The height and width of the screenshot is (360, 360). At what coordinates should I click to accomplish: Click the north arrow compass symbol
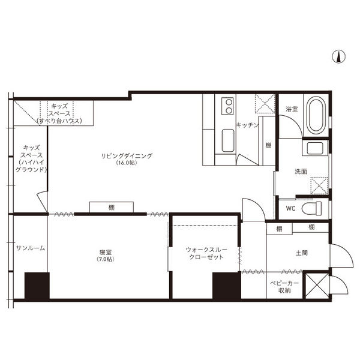[338, 56]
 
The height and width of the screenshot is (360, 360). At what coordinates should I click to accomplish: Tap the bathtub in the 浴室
[316, 115]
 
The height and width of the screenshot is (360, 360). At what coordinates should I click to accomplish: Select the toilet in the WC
[311, 208]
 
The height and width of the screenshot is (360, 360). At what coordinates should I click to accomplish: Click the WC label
[290, 208]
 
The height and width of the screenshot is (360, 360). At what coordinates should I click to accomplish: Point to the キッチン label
[247, 125]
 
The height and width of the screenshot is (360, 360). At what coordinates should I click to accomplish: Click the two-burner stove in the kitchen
[227, 106]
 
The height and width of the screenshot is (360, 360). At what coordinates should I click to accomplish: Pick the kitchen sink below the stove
[228, 140]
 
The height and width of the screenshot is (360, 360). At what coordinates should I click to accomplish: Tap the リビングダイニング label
[127, 155]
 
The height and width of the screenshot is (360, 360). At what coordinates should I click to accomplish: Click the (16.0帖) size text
[127, 163]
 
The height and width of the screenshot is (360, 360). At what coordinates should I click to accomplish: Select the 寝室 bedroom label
[106, 253]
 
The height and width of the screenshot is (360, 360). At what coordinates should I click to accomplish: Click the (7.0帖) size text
[106, 259]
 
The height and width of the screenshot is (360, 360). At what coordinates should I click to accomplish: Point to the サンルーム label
[31, 248]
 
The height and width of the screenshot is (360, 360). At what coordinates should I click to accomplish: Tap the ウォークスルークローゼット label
[206, 253]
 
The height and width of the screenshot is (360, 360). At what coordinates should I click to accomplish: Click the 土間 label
[302, 253]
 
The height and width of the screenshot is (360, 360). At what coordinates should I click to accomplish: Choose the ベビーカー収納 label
[284, 287]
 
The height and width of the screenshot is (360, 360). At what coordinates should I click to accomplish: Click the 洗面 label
[301, 171]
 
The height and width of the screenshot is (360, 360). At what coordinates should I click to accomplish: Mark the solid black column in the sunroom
[37, 286]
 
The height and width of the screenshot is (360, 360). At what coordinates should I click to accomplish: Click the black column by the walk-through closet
[227, 286]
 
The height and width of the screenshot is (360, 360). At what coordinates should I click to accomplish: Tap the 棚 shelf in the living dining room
[112, 207]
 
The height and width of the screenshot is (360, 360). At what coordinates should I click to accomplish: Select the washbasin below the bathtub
[315, 148]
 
